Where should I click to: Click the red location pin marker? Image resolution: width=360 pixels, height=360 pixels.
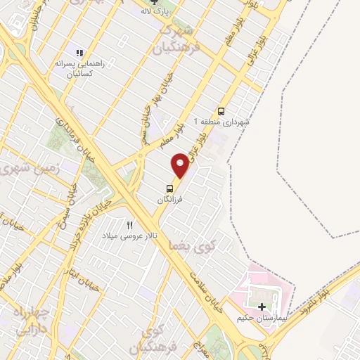tap(180, 165)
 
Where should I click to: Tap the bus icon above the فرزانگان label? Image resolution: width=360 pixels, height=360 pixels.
tap(169, 188)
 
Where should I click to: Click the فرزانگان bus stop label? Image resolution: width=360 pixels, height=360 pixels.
tap(169, 200)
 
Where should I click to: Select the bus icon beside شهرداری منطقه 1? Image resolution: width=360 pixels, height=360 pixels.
tap(221, 111)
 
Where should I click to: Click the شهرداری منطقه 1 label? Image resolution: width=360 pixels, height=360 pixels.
tap(226, 122)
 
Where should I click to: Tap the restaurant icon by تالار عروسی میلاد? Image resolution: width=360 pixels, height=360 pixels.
tap(129, 225)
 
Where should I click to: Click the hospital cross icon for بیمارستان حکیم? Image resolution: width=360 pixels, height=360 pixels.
tap(262, 307)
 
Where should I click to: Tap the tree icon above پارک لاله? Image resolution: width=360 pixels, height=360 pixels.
tap(164, 3)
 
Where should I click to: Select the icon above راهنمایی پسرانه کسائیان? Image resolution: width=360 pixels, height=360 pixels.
tap(79, 53)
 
